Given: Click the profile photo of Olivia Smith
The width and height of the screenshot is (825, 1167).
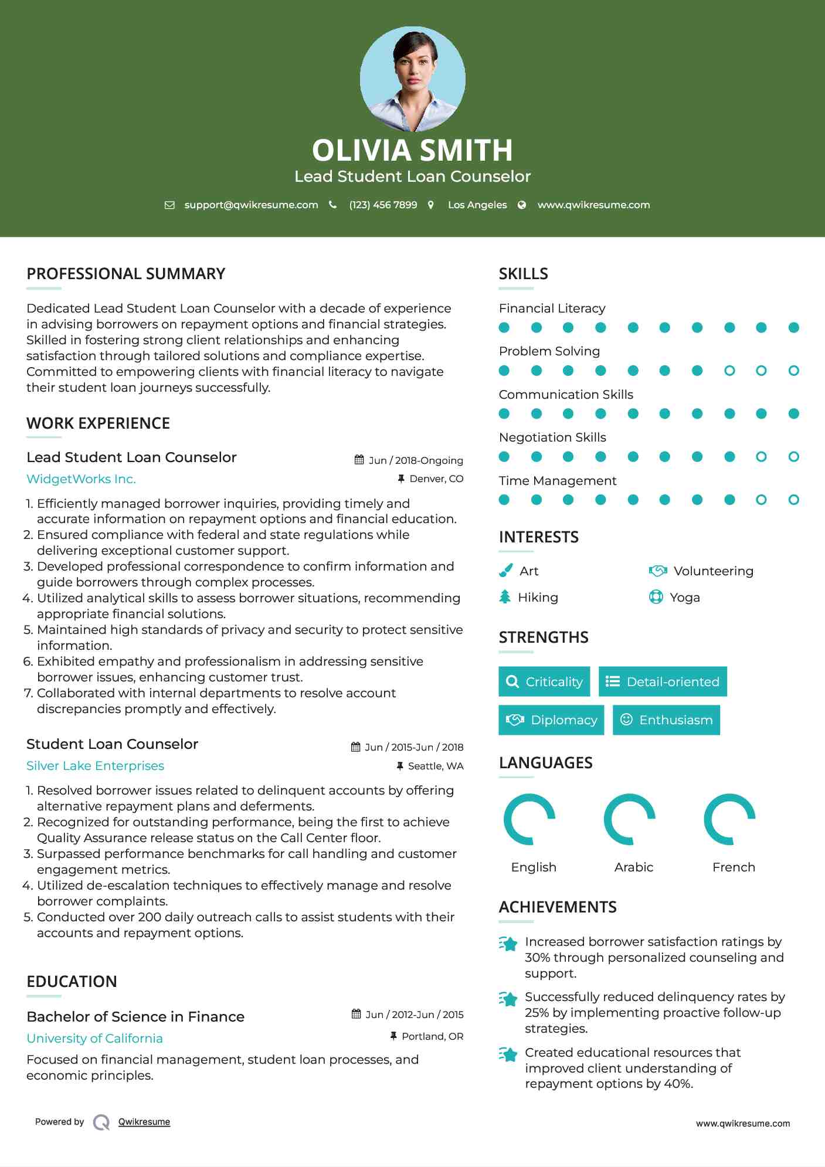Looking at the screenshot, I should (412, 79).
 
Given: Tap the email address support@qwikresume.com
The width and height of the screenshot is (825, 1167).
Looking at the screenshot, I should (251, 205).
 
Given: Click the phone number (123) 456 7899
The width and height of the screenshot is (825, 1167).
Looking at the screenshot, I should (383, 205).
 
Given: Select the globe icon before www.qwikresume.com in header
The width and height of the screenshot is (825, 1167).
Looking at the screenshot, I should (522, 205).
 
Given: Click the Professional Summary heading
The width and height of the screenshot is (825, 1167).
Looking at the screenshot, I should (126, 274).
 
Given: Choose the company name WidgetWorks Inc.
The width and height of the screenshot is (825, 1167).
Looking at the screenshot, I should (81, 479).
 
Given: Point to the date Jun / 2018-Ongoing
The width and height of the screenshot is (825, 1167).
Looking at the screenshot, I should (415, 460).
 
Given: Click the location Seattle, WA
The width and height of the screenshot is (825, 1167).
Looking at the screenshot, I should (435, 766).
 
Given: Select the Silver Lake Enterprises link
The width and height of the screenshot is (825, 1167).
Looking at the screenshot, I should (95, 766).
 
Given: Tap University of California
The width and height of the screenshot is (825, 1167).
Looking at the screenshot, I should (94, 1038).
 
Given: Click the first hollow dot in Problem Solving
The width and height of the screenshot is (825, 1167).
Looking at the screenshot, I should (729, 371).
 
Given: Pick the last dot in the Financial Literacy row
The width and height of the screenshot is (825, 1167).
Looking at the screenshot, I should (793, 327).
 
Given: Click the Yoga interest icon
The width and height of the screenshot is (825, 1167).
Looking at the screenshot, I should (656, 597).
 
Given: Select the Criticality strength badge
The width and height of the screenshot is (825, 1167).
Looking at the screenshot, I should (544, 681).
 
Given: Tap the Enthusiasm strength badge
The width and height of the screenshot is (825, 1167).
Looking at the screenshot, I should (666, 720).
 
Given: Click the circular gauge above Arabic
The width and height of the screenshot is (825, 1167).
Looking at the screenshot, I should (630, 819).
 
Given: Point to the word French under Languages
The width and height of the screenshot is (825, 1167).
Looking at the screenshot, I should (734, 867).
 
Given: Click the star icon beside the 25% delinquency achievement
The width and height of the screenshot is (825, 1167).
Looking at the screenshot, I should (508, 999).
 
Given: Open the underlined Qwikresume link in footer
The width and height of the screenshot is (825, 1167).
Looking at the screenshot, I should (144, 1122).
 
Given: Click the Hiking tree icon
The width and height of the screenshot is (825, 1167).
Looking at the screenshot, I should (505, 597).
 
